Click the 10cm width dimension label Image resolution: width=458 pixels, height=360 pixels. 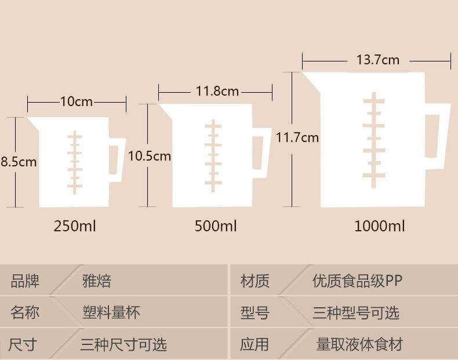76,102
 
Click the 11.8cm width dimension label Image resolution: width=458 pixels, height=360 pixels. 217,91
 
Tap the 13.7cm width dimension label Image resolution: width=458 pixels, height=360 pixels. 377,60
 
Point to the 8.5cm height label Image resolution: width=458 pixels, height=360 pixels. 19,162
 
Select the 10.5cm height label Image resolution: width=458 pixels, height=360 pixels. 149,156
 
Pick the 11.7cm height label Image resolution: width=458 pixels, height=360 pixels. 297,138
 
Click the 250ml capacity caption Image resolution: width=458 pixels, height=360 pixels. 75,226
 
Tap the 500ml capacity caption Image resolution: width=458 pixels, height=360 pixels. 216,226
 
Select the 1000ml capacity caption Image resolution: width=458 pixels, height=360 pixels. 380,226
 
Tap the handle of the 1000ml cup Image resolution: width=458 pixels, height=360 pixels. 438,134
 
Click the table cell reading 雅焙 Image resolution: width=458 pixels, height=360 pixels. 97,282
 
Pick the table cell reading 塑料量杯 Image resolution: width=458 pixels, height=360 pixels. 111,313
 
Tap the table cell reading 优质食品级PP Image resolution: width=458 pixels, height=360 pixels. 357,282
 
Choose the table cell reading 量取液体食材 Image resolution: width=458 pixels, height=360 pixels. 359,344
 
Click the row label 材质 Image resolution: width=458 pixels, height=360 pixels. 255,282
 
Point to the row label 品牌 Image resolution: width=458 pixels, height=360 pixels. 25,282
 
